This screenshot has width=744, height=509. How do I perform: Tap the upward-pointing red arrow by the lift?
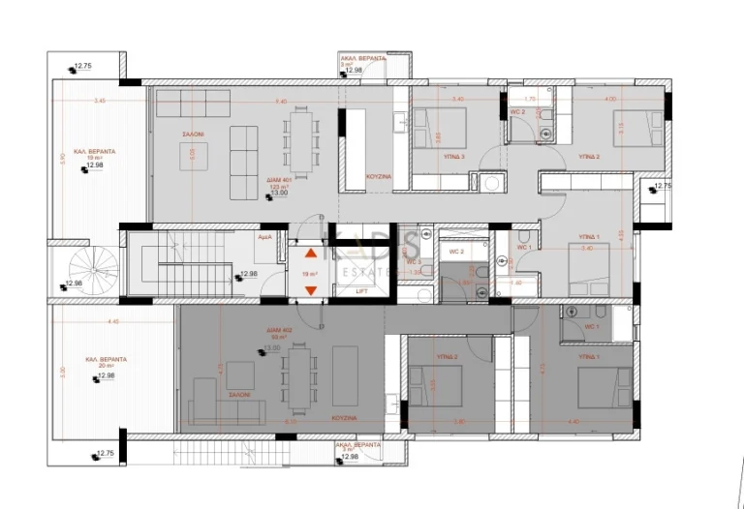[x=310, y=254]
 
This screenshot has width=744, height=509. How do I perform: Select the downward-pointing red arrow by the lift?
[x=310, y=289]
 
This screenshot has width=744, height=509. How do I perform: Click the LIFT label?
[x=360, y=290]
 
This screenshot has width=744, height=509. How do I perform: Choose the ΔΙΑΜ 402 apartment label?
[x=280, y=331]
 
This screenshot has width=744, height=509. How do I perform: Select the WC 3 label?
[x=413, y=262]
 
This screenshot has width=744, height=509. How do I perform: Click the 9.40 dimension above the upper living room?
[x=281, y=101]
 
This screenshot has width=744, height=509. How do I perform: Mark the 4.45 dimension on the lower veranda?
[x=113, y=321]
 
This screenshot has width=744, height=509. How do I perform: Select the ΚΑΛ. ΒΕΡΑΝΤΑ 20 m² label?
[x=105, y=359]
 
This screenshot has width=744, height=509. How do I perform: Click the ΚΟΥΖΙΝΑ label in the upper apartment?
[x=379, y=178]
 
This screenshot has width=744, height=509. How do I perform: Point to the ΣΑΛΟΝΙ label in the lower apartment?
[x=240, y=395]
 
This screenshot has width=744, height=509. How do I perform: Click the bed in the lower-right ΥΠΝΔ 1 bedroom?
[x=603, y=385]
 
